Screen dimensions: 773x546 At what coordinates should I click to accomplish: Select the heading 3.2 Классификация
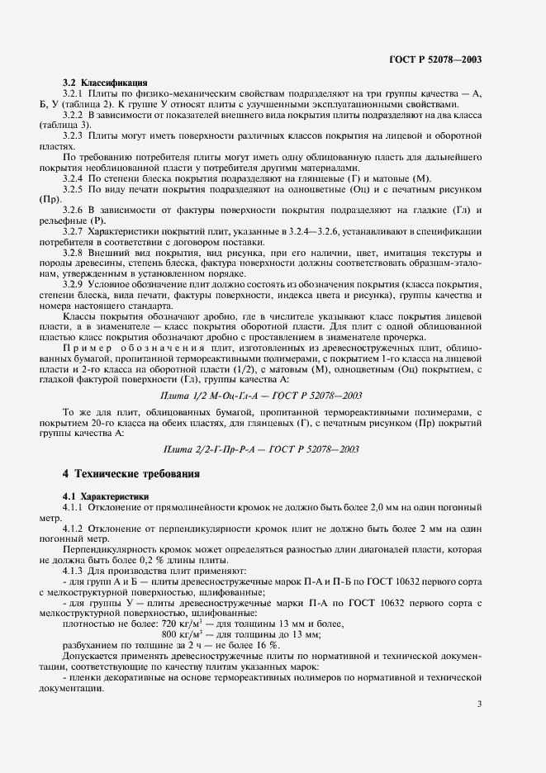106,83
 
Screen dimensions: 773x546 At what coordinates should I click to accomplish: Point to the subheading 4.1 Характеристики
106,496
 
